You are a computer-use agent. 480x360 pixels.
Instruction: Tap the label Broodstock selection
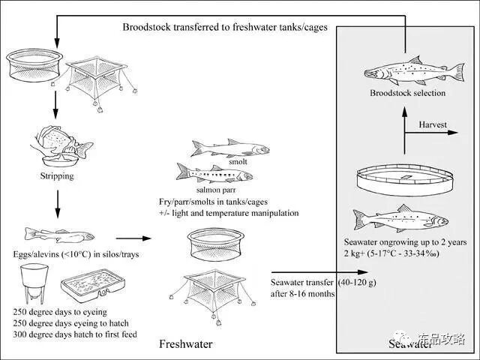coord(407,94)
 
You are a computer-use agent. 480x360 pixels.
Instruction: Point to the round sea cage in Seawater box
coord(404,181)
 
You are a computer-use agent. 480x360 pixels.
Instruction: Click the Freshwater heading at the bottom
coord(185,344)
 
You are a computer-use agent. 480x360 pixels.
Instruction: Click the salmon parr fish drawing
coord(214,175)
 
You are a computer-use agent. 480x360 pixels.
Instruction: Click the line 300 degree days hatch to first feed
coord(75,333)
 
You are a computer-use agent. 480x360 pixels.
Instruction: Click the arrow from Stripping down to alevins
coord(57,204)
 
